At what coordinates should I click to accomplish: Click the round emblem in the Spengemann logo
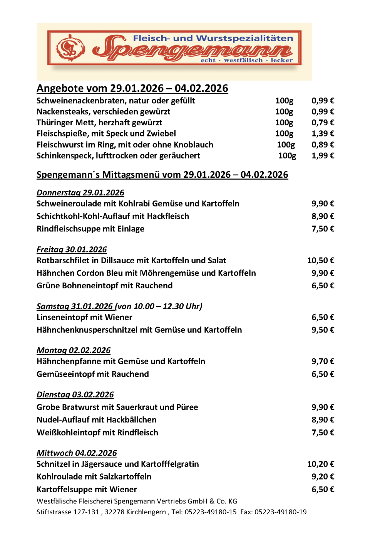click(70, 48)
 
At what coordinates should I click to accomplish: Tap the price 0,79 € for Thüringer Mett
click(323, 123)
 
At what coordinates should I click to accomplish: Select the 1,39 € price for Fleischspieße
click(323, 134)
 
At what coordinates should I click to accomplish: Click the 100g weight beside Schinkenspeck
click(287, 156)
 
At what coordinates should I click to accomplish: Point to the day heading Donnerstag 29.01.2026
click(80, 193)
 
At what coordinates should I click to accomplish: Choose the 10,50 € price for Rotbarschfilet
click(320, 261)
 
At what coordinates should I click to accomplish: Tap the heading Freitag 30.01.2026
click(72, 249)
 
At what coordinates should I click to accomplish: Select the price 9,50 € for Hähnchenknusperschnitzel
click(323, 330)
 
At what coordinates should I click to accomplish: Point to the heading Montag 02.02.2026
click(73, 350)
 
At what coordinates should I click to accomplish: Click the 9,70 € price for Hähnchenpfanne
click(323, 362)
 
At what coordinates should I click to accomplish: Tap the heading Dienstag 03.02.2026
click(75, 395)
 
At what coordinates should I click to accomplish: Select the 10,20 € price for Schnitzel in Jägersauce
click(320, 464)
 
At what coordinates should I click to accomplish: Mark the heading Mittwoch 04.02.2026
click(77, 453)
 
